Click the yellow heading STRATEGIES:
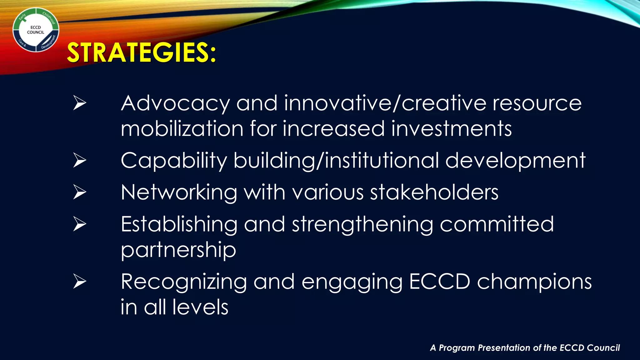click(x=141, y=52)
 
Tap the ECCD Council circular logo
click(x=36, y=30)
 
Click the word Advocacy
click(x=175, y=104)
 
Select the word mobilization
click(x=182, y=129)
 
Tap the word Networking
click(x=179, y=192)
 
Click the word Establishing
click(x=179, y=224)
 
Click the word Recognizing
click(x=184, y=282)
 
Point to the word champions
click(x=534, y=282)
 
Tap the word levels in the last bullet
click(x=200, y=307)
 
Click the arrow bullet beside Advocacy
click(x=80, y=103)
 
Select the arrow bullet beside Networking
click(x=80, y=192)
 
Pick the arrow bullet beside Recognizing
click(x=80, y=282)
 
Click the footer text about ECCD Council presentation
click(x=525, y=348)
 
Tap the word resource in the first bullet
click(x=537, y=104)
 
